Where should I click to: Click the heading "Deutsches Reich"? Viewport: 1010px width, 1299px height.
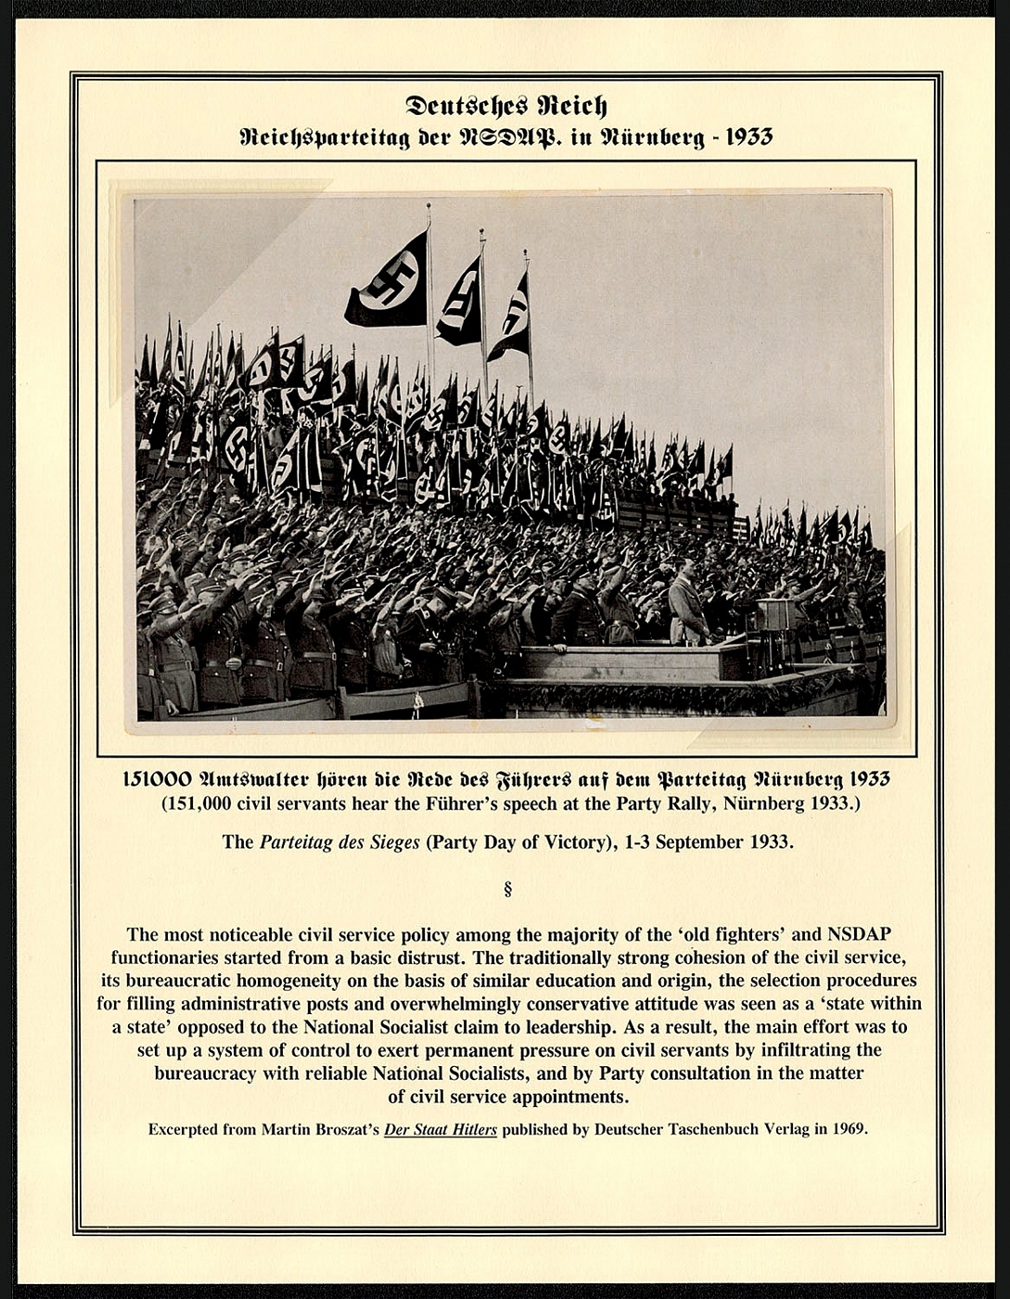coord(505,105)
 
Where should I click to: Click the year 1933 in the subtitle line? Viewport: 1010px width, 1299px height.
coord(748,137)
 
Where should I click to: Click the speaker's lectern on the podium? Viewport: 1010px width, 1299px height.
coord(775,614)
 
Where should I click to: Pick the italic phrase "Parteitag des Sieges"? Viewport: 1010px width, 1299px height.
coord(339,842)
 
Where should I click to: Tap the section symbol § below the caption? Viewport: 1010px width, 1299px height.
coord(506,890)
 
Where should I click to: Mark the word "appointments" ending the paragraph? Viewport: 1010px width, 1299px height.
coord(572,1096)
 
